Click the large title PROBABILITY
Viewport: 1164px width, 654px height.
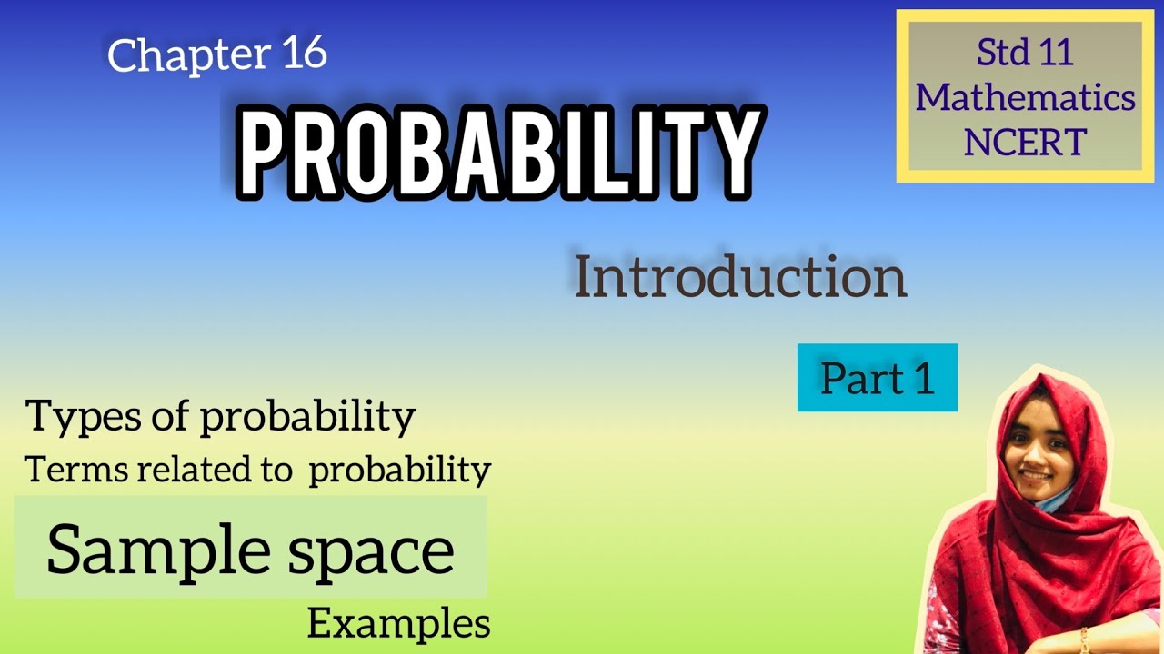[497, 150]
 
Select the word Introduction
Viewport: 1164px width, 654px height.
[740, 279]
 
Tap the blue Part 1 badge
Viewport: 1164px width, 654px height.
[878, 378]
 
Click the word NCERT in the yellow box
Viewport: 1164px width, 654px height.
[1025, 142]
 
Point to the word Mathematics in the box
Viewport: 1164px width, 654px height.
[1025, 97]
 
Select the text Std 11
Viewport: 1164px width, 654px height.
[1025, 53]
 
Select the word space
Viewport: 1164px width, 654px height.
[373, 550]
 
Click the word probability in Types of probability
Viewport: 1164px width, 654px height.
[307, 418]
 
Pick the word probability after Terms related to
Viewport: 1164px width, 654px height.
[399, 471]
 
